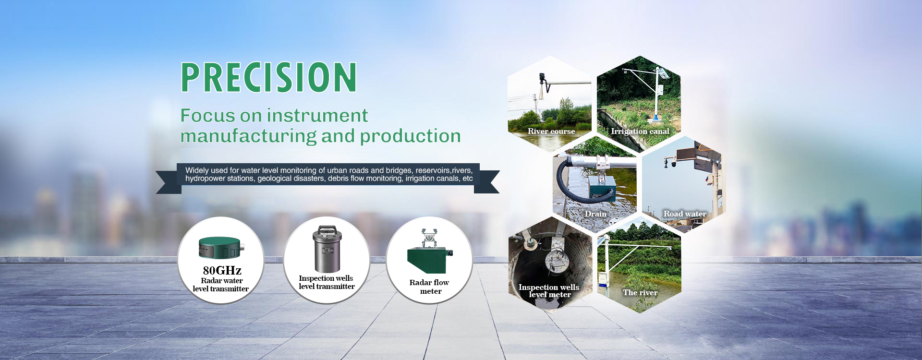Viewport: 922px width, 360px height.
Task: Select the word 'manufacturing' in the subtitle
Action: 248,136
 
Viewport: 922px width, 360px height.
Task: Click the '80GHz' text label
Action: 222,270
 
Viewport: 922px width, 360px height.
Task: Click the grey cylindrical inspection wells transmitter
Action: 327,250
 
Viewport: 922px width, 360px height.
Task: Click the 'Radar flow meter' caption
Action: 429,287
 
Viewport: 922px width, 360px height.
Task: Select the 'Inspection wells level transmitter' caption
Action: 327,282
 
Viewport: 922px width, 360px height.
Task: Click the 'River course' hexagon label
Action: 551,131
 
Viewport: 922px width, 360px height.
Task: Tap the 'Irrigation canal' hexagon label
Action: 640,131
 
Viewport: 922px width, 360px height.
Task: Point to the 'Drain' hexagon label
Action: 595,214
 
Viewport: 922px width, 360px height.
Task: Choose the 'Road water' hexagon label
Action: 685,214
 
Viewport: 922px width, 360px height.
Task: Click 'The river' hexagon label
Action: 640,292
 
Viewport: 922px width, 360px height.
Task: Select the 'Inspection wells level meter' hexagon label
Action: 549,291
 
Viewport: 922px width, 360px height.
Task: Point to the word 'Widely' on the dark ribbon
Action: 197,170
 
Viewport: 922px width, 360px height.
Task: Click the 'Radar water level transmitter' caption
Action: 221,285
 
